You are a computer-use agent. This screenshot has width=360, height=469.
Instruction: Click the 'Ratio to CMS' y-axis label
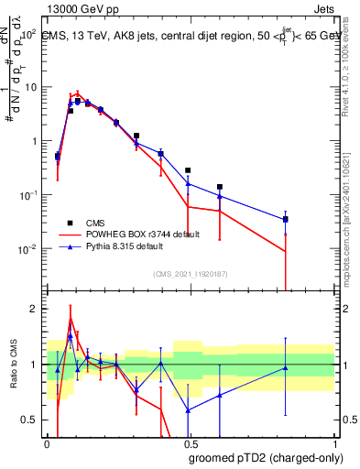coord(14,365)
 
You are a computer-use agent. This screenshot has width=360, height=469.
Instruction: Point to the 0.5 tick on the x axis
coord(190,442)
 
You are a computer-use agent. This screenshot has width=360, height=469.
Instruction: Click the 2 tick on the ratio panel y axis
coord(37,309)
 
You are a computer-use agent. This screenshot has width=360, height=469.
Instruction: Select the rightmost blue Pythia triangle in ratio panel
coord(286,368)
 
